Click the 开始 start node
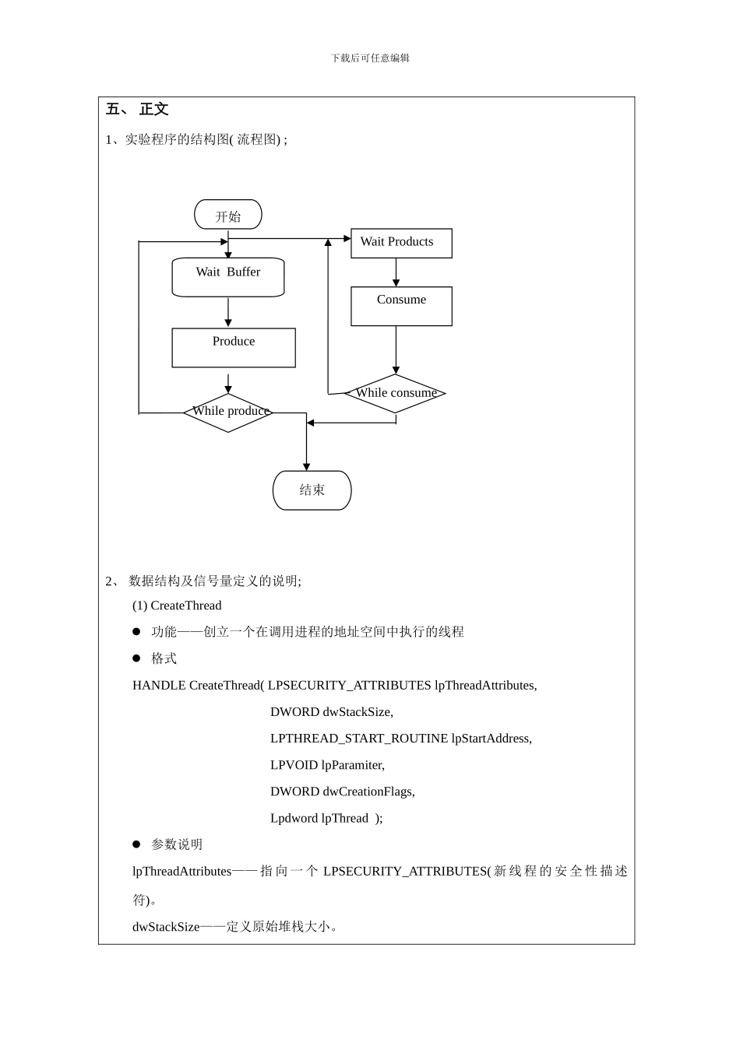(227, 215)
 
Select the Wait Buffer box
(227, 277)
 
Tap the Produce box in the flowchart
(233, 347)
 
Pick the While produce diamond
(228, 412)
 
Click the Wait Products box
(401, 243)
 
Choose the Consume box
(401, 306)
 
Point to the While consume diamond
(395, 393)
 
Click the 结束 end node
(312, 490)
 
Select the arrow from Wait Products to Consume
(396, 272)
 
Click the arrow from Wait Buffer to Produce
(228, 312)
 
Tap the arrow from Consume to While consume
(396, 349)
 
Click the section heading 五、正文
(137, 110)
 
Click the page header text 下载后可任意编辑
(370, 58)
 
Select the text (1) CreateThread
(177, 605)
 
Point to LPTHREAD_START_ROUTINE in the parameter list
(359, 739)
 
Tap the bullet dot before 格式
(136, 658)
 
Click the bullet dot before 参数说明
(136, 844)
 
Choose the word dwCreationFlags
(368, 792)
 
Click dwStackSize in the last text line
(166, 927)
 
